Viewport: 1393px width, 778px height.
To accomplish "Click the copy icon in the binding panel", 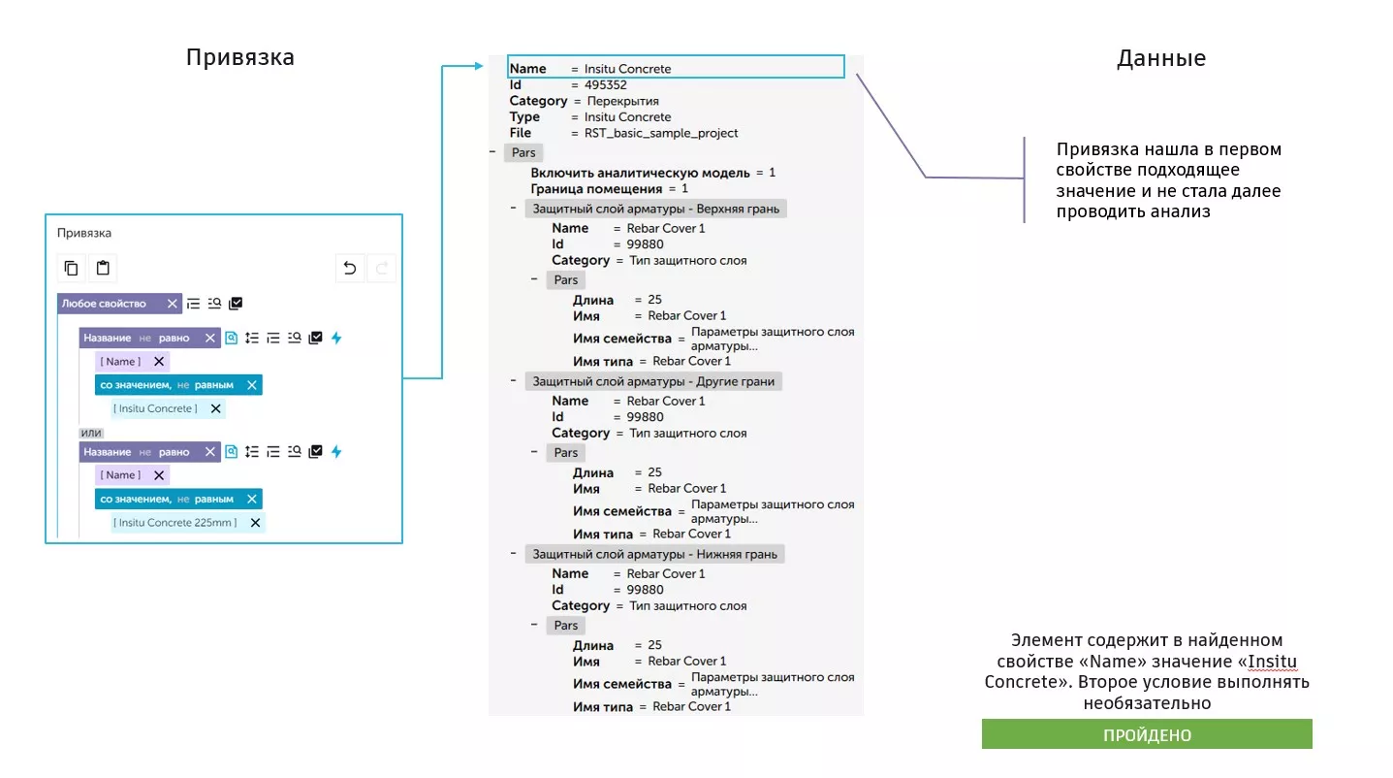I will coord(71,269).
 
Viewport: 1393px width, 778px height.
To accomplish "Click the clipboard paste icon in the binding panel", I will coord(103,269).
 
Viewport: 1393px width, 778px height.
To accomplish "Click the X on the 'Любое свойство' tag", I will coord(173,304).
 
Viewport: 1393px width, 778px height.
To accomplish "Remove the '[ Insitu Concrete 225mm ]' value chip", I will coord(255,523).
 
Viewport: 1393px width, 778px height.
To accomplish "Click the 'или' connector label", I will coord(91,433).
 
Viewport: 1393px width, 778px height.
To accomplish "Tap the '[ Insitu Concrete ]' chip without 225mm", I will coord(155,409).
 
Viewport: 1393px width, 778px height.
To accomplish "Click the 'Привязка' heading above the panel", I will coord(239,58).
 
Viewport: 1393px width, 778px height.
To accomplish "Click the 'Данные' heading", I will coord(1160,58).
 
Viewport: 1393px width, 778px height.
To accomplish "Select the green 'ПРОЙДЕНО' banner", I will coord(1147,734).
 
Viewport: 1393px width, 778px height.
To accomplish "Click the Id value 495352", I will coord(606,85).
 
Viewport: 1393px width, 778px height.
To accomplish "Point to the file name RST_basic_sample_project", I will coord(661,133).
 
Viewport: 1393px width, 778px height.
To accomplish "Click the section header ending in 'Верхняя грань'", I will coord(654,209).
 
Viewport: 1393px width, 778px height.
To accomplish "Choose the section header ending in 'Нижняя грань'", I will coord(654,554).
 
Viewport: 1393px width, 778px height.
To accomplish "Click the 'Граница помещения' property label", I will coord(596,189).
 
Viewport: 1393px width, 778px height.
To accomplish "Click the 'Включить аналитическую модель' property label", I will coord(640,173).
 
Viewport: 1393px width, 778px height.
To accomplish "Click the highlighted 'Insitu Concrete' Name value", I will coord(627,69).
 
